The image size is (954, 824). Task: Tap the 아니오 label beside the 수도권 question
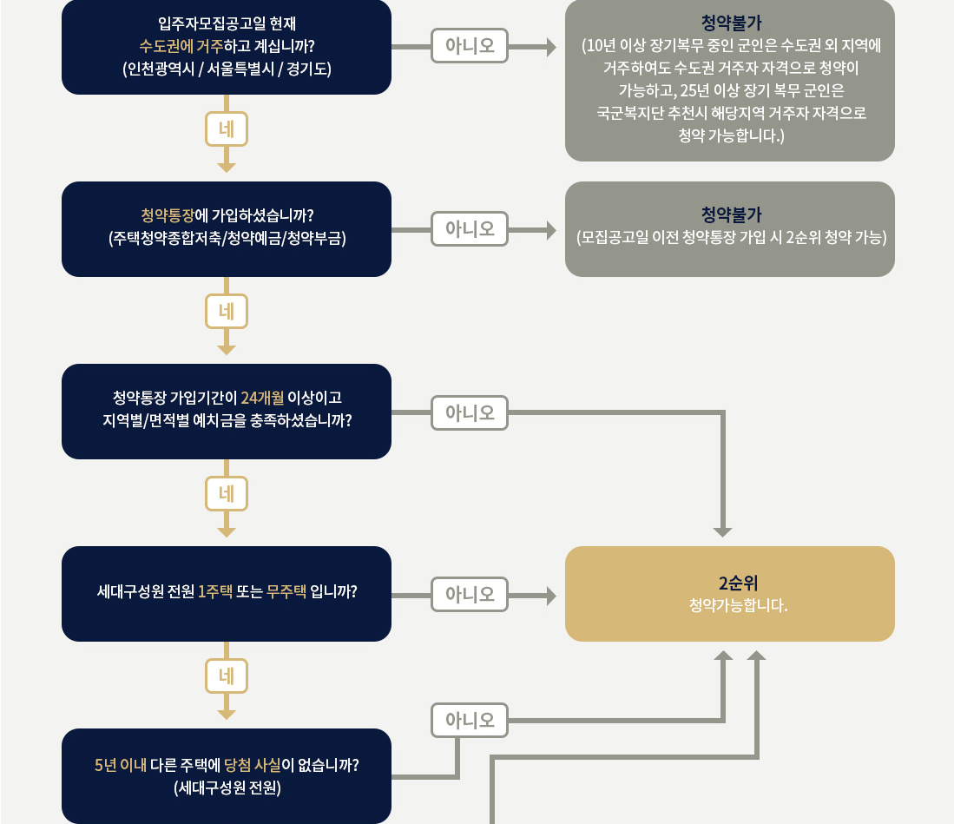[470, 46]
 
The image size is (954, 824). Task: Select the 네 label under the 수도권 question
[227, 129]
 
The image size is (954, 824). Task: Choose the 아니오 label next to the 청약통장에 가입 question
[470, 229]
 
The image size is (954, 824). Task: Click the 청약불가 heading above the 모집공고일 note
[730, 214]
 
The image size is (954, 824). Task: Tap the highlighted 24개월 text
[261, 398]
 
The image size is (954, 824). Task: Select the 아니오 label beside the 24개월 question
[470, 412]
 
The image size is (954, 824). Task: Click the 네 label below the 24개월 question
[227, 494]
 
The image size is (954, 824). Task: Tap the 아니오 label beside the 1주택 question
[470, 594]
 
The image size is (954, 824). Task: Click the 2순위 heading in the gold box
[730, 583]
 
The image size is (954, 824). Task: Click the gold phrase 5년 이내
[120, 765]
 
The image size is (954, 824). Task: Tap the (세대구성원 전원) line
[227, 788]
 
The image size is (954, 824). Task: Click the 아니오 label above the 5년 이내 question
[470, 719]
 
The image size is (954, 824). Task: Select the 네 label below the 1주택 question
[227, 676]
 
